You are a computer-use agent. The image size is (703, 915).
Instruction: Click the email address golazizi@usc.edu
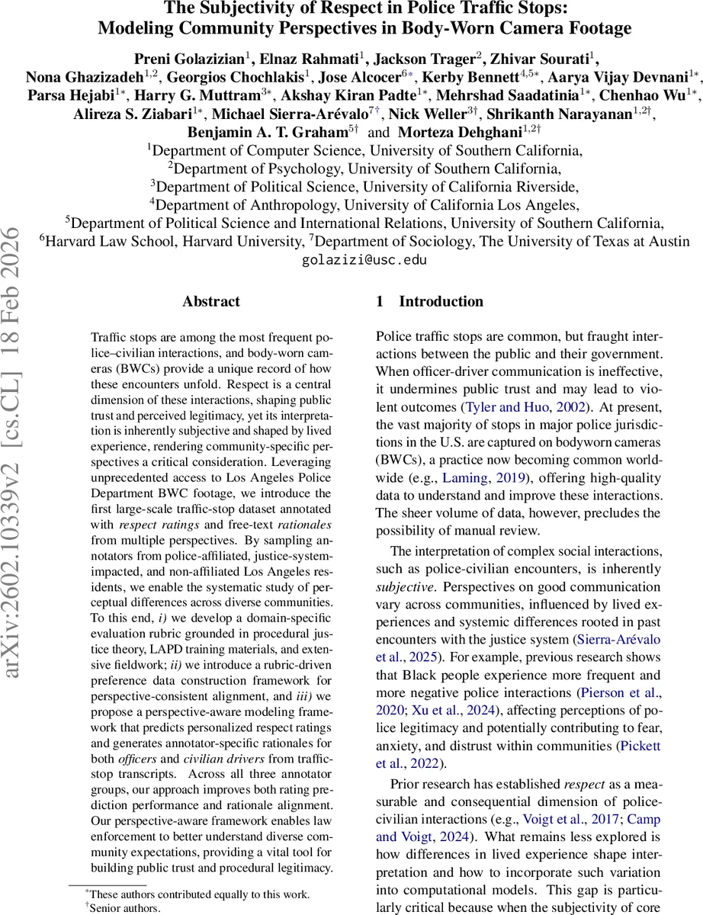point(351,260)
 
